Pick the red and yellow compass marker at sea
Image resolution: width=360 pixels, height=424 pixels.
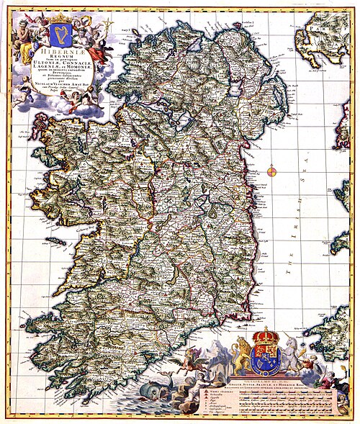[272, 171]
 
